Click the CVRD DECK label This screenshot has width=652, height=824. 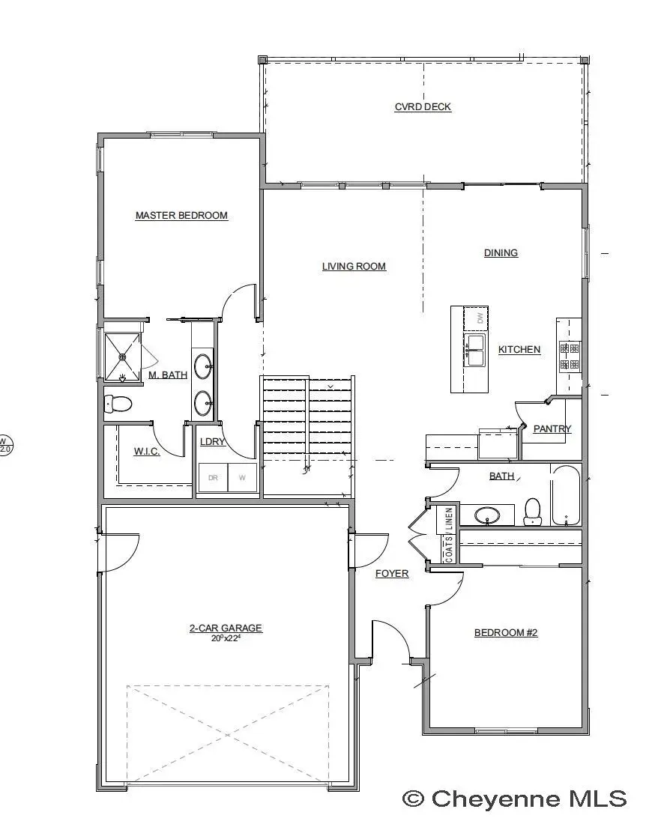423,106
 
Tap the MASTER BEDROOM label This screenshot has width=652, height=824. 181,215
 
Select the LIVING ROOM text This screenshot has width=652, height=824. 354,266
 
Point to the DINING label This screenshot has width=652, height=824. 501,252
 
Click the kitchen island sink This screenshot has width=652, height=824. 475,351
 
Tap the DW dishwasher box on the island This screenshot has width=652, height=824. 479,318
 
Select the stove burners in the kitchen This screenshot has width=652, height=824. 570,357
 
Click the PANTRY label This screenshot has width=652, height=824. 552,428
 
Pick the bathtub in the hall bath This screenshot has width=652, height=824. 566,496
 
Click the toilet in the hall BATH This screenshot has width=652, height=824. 533,511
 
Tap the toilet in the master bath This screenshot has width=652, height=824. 117,404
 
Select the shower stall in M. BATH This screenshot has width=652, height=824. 122,357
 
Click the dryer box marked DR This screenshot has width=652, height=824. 213,478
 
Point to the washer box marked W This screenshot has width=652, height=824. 242,478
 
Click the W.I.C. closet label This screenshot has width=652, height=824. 147,452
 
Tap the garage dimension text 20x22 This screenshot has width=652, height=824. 226,638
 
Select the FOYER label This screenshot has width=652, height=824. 392,573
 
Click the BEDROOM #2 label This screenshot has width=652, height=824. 506,632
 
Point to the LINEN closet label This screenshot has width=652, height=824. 449,519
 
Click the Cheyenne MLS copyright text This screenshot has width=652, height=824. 514,799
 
